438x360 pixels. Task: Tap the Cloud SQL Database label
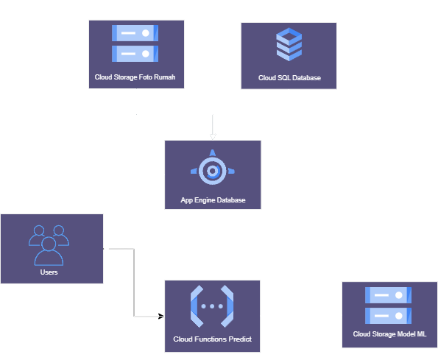pyautogui.click(x=289, y=77)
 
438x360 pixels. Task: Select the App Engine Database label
pyautogui.click(x=213, y=200)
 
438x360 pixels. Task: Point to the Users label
pyautogui.click(x=49, y=272)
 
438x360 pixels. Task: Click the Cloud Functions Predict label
pyautogui.click(x=213, y=339)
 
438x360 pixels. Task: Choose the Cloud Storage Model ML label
pyautogui.click(x=389, y=334)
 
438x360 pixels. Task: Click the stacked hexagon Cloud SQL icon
pyautogui.click(x=289, y=46)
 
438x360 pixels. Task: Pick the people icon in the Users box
pyautogui.click(x=49, y=244)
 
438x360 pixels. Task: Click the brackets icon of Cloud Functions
pyautogui.click(x=212, y=305)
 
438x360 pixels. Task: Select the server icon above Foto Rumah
pyautogui.click(x=135, y=43)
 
